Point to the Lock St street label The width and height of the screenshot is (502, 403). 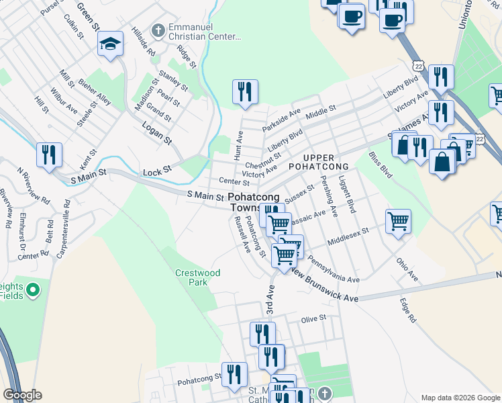(x=158, y=173)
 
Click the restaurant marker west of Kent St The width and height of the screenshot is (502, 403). (x=49, y=154)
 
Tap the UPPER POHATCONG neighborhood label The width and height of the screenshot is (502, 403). (x=318, y=161)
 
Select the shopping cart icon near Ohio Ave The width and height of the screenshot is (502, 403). (x=398, y=221)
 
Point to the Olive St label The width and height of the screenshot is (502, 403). (x=313, y=318)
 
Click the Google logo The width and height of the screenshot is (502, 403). (x=22, y=395)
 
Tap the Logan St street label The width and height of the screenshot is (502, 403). (x=158, y=133)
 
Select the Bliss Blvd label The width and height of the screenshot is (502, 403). (x=381, y=164)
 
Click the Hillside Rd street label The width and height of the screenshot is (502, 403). (x=143, y=44)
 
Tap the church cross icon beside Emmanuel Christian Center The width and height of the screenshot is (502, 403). (x=158, y=31)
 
